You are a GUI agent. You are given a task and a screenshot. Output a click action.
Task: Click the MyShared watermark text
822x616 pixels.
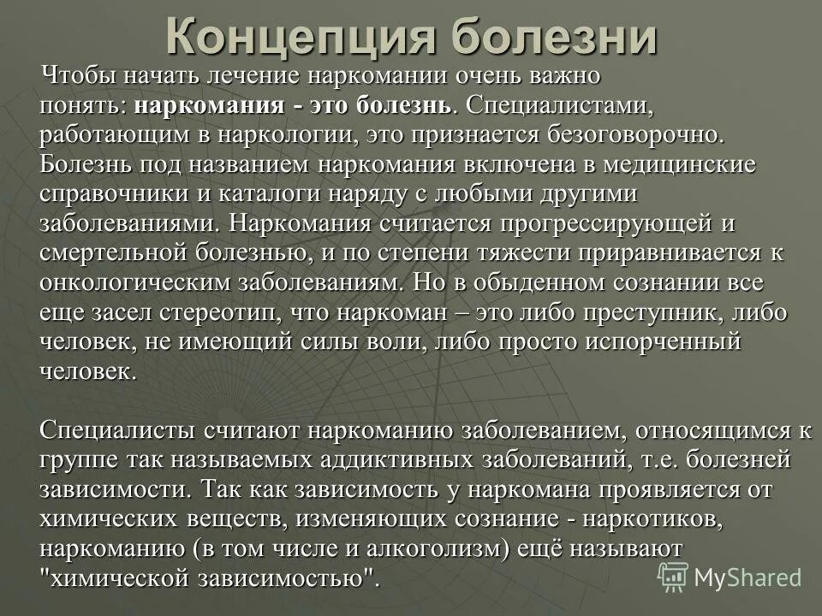[x=748, y=577]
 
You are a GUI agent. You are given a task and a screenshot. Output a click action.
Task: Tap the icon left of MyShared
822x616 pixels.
[x=672, y=577]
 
